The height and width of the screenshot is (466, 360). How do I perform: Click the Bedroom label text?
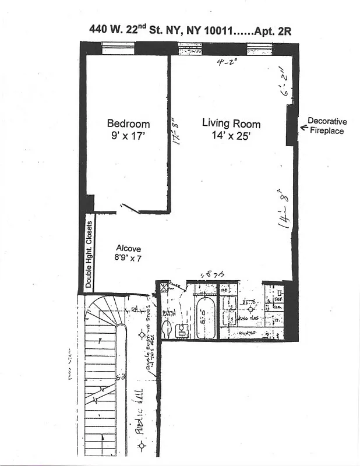(128, 123)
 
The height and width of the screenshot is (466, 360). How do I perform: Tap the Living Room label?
(231, 123)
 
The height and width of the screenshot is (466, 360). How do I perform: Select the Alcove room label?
(128, 248)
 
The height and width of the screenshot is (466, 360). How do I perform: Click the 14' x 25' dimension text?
(231, 136)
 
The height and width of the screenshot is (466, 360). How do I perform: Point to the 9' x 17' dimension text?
(128, 136)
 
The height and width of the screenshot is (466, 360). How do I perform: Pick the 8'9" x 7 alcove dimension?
(128, 259)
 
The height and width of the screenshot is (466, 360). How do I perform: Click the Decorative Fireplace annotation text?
(327, 126)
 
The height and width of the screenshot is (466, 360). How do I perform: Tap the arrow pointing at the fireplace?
(302, 123)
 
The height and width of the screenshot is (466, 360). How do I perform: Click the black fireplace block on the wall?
(291, 126)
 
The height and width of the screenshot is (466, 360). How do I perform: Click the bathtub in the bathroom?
(205, 319)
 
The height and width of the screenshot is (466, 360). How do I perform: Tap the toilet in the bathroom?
(167, 330)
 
